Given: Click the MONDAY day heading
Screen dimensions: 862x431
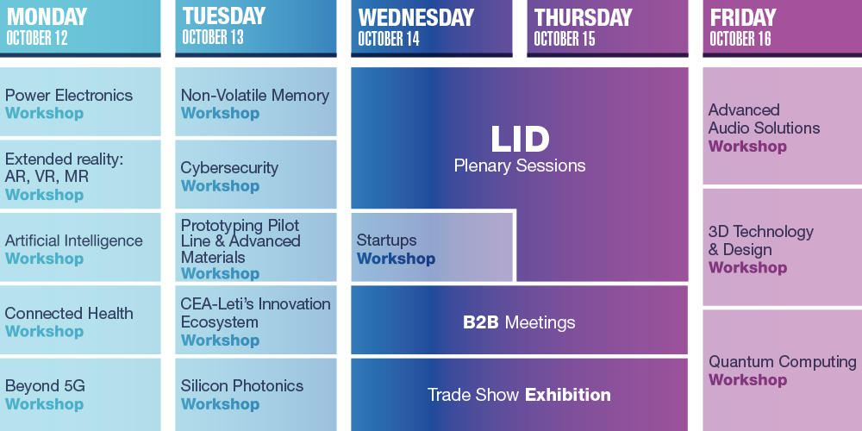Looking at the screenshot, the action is click(x=47, y=16).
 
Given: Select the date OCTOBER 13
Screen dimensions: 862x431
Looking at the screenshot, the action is click(x=213, y=37).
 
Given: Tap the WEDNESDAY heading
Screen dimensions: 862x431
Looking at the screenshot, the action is click(x=415, y=17).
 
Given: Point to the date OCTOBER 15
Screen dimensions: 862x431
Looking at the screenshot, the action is click(x=565, y=39).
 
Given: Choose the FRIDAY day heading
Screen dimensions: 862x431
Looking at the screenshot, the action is click(x=743, y=17).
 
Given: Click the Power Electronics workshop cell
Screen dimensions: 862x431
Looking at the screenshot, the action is click(x=80, y=102).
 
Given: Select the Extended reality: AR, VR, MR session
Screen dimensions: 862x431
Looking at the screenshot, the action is click(x=80, y=174).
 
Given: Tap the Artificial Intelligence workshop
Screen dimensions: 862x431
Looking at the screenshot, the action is click(x=80, y=247).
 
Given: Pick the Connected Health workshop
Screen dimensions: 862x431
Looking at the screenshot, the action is click(x=80, y=320).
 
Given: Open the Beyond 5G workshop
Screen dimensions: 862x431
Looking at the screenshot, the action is click(x=80, y=394).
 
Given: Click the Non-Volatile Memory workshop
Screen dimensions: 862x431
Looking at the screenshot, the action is click(x=256, y=102).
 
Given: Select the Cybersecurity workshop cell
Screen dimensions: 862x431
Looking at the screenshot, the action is click(x=256, y=174).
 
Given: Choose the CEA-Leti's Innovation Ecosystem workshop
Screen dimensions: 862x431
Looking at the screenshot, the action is click(x=256, y=320).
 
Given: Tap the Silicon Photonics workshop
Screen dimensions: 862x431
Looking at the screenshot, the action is click(x=256, y=394).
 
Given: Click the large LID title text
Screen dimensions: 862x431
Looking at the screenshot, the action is click(x=520, y=140).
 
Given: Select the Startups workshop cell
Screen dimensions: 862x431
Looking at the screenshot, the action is click(x=432, y=247).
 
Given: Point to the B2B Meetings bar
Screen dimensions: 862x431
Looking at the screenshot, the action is click(x=520, y=322).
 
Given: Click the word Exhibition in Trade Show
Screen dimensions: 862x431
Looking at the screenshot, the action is click(x=567, y=395).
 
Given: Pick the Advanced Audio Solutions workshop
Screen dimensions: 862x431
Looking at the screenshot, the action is click(x=783, y=126).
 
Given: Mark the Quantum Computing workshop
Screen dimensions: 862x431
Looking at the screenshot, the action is click(x=783, y=370).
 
